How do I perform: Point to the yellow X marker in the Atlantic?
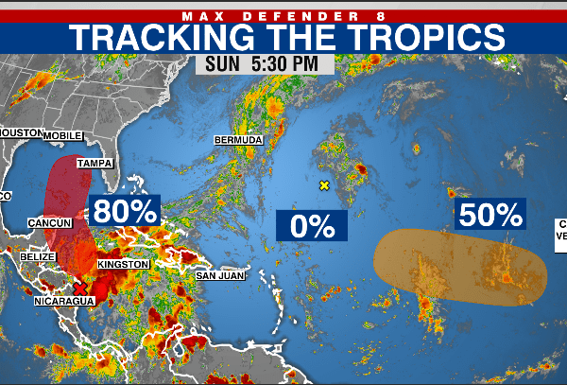pos(324,185)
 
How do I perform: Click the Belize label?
pos(37,256)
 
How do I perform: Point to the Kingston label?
pos(123,264)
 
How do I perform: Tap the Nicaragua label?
pos(64,301)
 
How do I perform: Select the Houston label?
pos(21,133)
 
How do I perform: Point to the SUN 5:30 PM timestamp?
pos(265,65)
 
